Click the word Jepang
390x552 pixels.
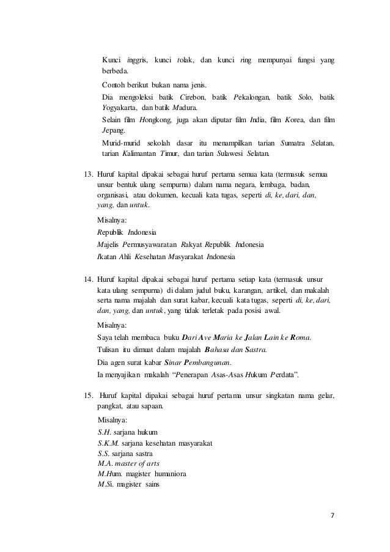[112, 131]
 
